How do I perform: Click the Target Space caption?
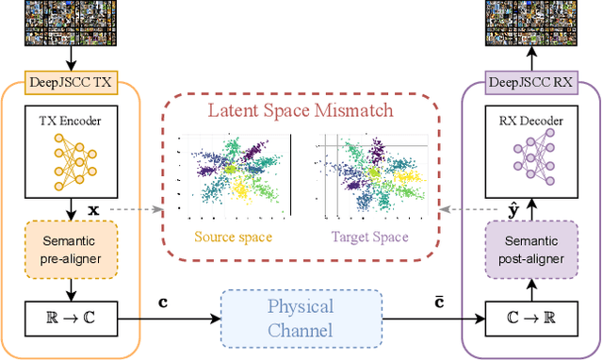pyautogui.click(x=369, y=237)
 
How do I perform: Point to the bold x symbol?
pyautogui.click(x=92, y=206)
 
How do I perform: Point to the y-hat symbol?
pyautogui.click(x=512, y=206)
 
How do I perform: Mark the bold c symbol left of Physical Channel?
pyautogui.click(x=163, y=303)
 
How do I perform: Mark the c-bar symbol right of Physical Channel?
pyautogui.click(x=438, y=302)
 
